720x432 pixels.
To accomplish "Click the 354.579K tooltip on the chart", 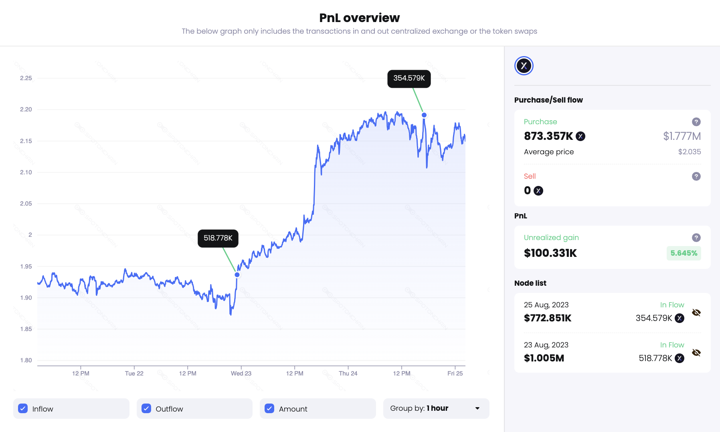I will pos(409,79).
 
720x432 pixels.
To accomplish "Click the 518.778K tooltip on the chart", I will pos(218,238).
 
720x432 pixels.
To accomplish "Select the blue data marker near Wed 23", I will pos(237,275).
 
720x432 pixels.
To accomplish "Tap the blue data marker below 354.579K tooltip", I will pos(424,115).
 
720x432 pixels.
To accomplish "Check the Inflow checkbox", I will pos(23,408).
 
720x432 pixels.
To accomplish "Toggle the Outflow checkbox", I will pos(146,408).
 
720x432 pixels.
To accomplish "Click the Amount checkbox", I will pos(269,408).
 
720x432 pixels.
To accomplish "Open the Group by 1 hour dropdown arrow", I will pos(477,408).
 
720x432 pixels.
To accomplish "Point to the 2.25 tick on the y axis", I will pos(26,78).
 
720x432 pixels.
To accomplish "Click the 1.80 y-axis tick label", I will pos(26,360).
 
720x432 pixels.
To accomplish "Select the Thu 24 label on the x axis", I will pos(348,373).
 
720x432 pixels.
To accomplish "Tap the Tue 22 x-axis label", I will pos(134,373).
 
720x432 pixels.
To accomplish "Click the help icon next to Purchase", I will pos(696,122).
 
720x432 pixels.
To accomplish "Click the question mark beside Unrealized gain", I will pos(696,238).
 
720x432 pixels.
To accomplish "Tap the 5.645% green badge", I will pos(684,253).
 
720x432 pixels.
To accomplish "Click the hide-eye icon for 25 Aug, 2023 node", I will pos(696,313).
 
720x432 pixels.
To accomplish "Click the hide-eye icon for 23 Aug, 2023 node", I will pos(696,353).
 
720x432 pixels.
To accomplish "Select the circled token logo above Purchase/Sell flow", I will pos(524,66).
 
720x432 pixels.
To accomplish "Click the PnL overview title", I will pos(359,18).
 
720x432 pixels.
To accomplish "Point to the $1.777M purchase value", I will pos(682,136).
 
